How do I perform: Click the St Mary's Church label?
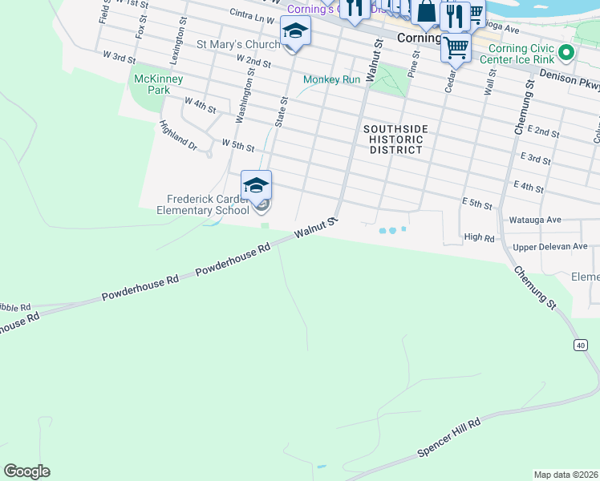point(238,44)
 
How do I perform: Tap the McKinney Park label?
point(159,84)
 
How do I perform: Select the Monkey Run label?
point(331,79)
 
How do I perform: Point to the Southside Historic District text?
point(392,139)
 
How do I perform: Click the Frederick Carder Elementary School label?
point(208,205)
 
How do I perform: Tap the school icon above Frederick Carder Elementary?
point(256,185)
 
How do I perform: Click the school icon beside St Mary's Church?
point(294,31)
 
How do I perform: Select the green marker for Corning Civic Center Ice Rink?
point(566,53)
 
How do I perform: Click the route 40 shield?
point(579,344)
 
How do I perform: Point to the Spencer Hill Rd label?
point(448,439)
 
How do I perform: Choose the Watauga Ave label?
point(530,219)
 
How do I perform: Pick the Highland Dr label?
point(177,135)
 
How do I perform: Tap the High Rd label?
point(478,237)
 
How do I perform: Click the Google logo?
point(26,471)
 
